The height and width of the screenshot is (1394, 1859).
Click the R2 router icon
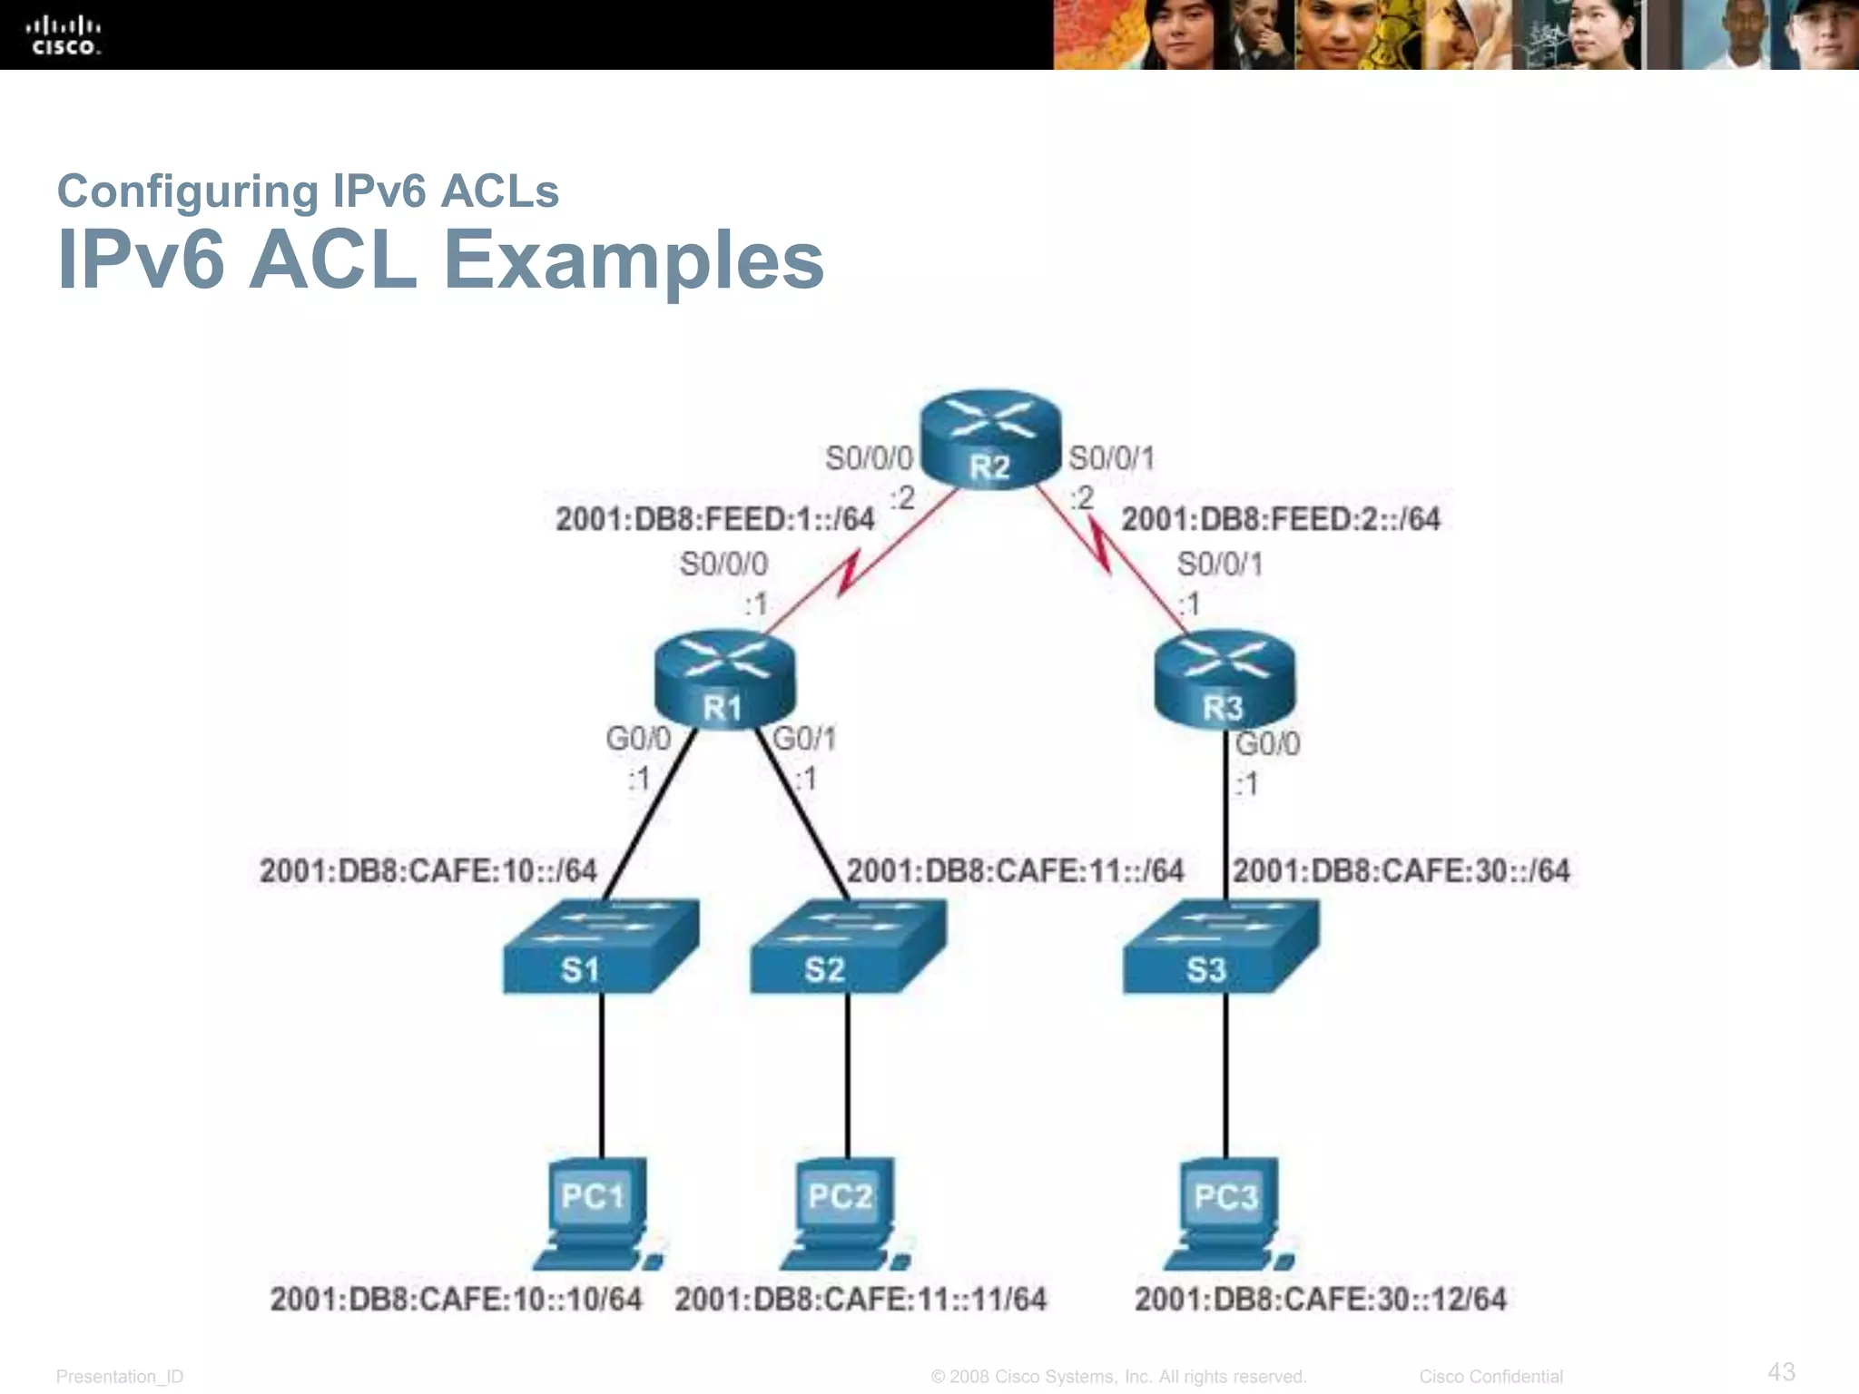[x=990, y=440]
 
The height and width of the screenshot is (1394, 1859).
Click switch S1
[x=601, y=947]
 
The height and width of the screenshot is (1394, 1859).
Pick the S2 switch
[x=847, y=947]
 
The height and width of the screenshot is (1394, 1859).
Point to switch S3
[x=1221, y=947]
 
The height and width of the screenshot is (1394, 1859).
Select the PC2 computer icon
[x=843, y=1214]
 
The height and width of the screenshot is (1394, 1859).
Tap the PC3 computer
[x=1228, y=1214]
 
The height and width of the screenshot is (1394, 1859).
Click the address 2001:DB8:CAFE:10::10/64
[x=456, y=1300]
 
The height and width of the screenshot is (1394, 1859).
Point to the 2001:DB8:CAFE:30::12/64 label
[x=1320, y=1300]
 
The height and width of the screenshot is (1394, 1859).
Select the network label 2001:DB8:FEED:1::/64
[x=715, y=519]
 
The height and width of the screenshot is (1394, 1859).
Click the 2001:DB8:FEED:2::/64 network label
[x=1281, y=519]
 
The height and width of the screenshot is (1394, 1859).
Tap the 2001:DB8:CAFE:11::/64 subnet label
[x=1015, y=871]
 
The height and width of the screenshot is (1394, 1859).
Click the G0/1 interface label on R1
[x=804, y=739]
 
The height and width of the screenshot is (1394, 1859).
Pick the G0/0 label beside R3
[x=1268, y=744]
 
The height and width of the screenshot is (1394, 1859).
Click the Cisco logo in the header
[x=64, y=34]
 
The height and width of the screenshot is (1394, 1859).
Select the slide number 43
[x=1781, y=1371]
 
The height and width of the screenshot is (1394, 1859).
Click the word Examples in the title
[x=633, y=260]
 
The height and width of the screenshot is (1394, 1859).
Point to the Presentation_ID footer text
[x=120, y=1377]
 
